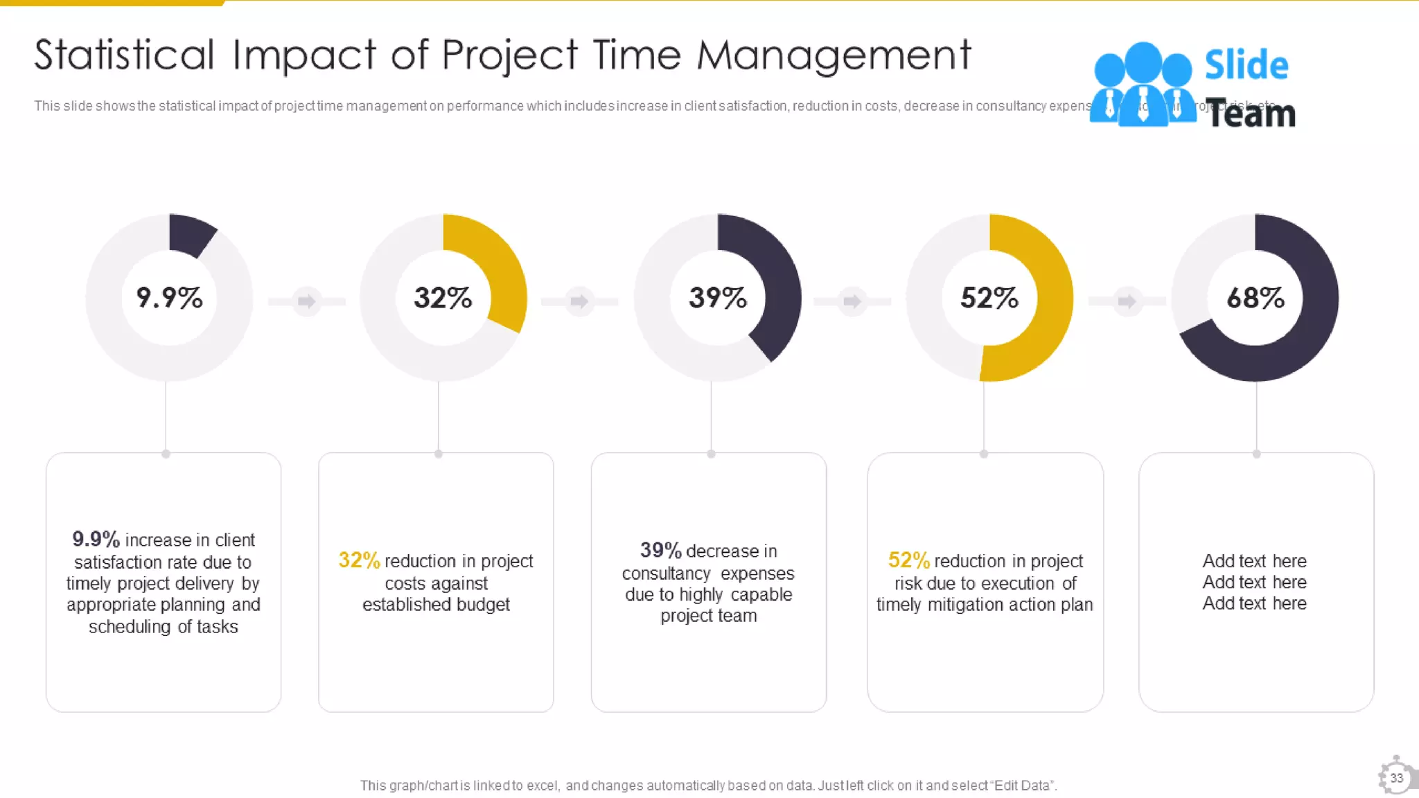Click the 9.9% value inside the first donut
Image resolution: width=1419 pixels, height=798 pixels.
point(169,298)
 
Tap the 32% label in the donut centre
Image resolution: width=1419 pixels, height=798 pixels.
point(443,298)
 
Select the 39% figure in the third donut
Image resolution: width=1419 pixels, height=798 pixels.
point(718,298)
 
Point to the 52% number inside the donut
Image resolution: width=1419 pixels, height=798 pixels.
point(989,298)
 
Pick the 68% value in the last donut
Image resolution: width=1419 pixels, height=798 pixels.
point(1255,298)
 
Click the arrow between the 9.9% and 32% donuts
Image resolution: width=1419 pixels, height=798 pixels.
point(306,301)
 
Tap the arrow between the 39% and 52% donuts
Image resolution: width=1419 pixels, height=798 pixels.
point(852,301)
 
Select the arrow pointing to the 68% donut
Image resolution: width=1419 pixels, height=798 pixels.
point(1127,301)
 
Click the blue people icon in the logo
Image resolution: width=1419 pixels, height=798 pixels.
point(1143,85)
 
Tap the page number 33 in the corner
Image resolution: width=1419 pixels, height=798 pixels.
point(1396,778)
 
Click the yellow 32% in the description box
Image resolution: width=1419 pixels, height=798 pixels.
point(359,560)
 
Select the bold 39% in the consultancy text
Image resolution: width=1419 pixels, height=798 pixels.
point(660,550)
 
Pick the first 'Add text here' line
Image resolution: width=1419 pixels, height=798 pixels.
point(1254,560)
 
